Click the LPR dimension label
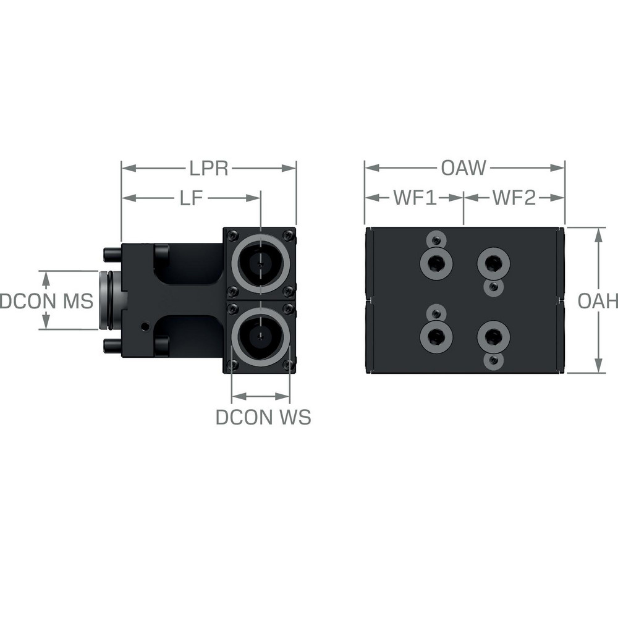click(x=209, y=168)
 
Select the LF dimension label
click(x=191, y=198)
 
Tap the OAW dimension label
click(x=464, y=167)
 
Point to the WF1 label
click(x=415, y=198)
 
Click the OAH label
click(x=598, y=301)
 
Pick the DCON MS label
click(x=46, y=301)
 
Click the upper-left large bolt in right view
click(x=436, y=264)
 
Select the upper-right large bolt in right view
click(x=493, y=264)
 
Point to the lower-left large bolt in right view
click(x=436, y=336)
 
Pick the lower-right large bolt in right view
click(x=493, y=336)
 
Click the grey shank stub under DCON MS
click(x=110, y=300)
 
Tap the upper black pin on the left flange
click(x=112, y=253)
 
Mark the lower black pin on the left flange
click(x=112, y=346)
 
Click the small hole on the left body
click(x=144, y=326)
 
